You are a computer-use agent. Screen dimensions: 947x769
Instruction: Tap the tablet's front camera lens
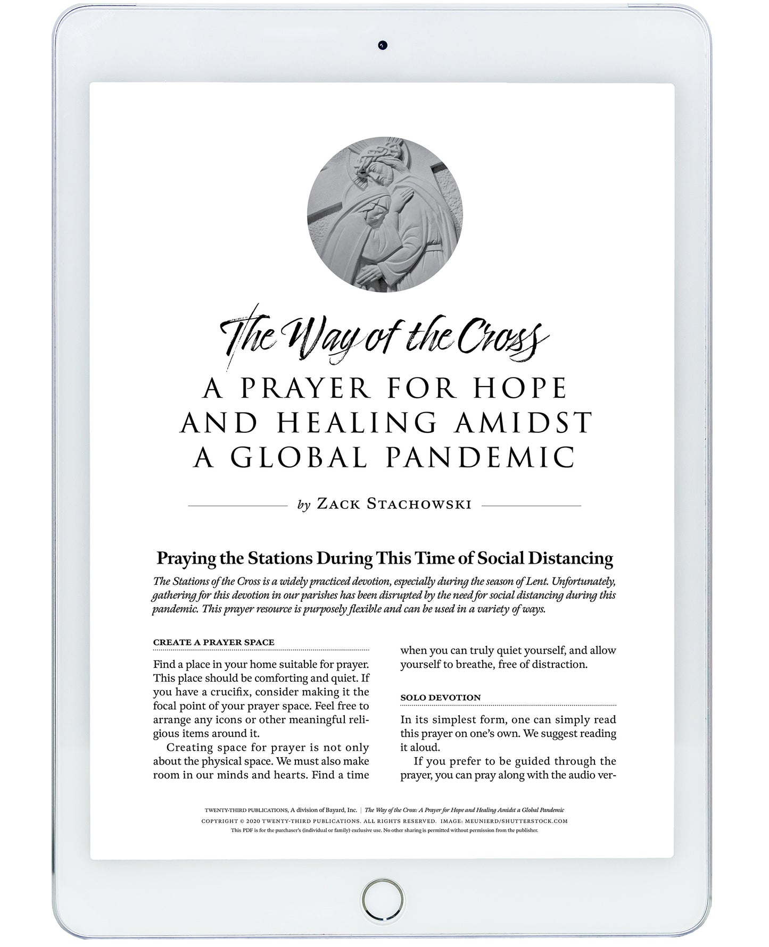tap(382, 45)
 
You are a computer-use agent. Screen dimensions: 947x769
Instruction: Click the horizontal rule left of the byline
tap(238, 506)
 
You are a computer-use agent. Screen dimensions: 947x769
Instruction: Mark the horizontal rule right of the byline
tap(531, 506)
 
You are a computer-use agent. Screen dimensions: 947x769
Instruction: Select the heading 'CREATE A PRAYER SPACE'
tap(213, 642)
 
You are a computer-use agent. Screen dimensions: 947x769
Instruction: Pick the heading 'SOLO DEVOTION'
tap(440, 697)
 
